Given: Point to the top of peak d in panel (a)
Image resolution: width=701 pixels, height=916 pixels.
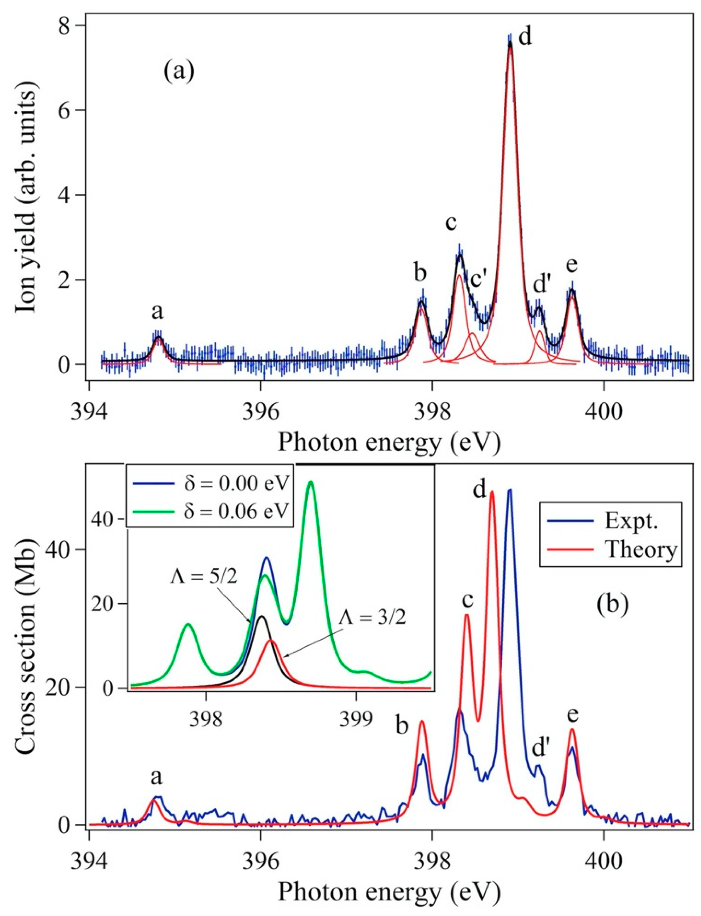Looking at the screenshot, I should click(509, 42).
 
